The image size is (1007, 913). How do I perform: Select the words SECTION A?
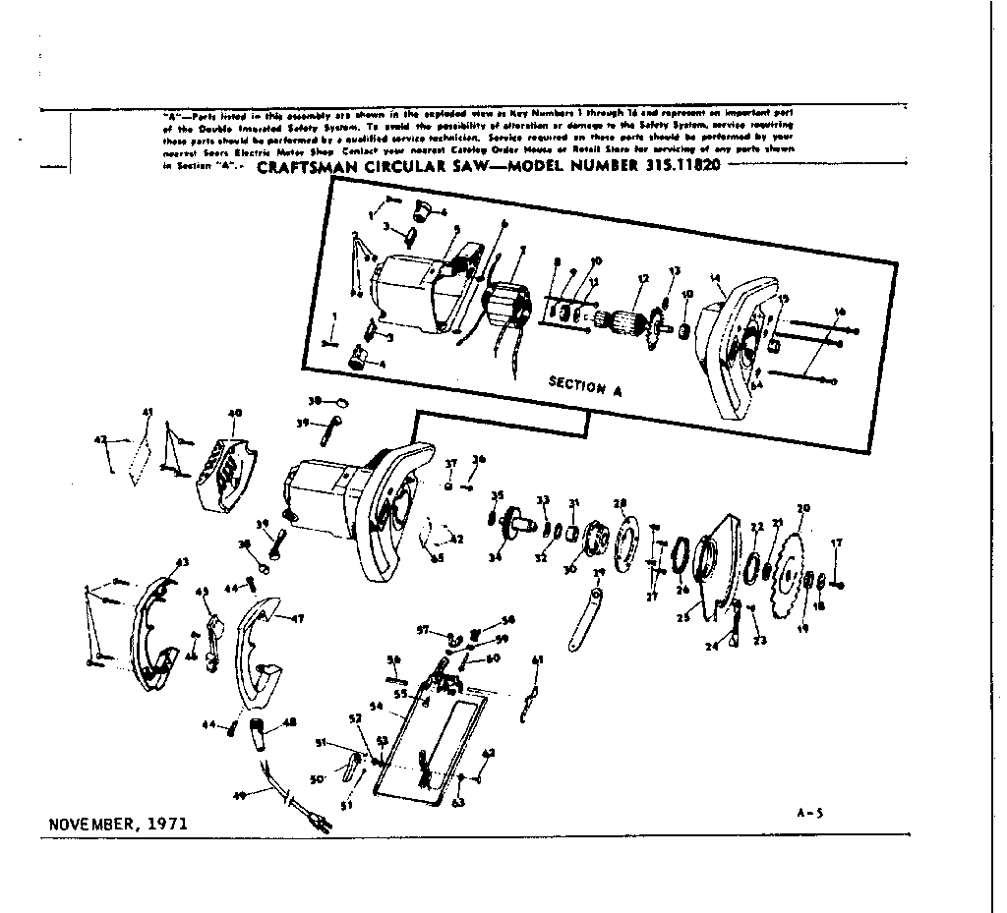point(585,386)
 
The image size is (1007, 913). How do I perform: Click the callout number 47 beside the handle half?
point(297,619)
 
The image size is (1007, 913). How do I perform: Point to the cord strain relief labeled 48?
point(264,734)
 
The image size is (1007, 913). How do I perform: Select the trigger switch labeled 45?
point(211,644)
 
